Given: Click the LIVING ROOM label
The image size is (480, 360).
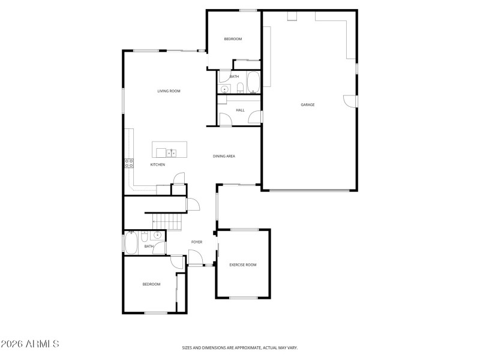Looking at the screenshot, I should pos(169,91).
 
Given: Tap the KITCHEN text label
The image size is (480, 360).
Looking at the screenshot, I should pos(157,164).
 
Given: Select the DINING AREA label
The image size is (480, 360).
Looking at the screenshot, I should pos(224,156).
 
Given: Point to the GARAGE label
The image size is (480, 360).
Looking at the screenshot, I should pos(308,105).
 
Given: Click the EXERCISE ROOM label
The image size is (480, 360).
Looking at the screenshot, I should pos(242,265).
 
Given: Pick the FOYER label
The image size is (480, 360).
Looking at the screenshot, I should pos(196,242).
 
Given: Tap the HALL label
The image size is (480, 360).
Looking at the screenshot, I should pos(240,110).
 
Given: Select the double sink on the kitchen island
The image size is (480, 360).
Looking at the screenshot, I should pos(172,153).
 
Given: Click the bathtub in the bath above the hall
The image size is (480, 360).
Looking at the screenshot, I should pos(253,83).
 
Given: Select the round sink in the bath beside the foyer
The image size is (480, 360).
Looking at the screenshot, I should pos(157,235).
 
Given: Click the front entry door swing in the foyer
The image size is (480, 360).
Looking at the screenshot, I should pos(195,260).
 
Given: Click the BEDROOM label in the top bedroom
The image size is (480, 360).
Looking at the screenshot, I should pos(233,39).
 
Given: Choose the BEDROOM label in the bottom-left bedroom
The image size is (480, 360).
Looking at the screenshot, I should pos(151,284).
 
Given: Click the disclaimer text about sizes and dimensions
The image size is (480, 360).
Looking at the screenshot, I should pos(240,347).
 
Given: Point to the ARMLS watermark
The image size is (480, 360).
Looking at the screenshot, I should pos(30,344).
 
